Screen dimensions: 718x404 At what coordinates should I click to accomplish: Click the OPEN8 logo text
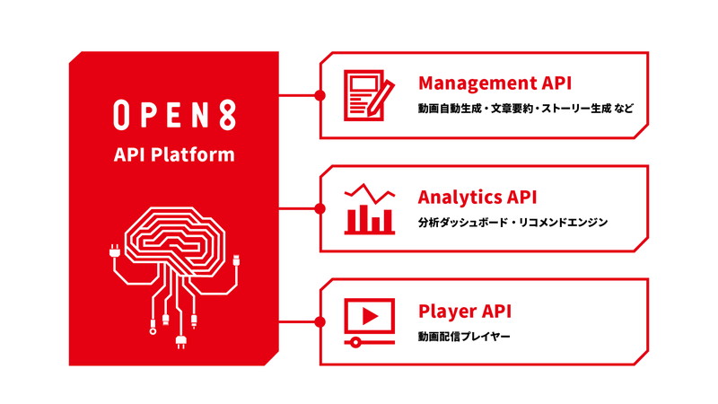(174, 115)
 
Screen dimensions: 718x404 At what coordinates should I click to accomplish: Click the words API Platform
(174, 154)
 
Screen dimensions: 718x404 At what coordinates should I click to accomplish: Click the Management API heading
(495, 83)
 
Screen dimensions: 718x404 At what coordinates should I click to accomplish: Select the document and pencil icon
(369, 95)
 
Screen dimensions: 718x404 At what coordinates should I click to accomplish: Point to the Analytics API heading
(477, 197)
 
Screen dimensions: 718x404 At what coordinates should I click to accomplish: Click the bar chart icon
(369, 209)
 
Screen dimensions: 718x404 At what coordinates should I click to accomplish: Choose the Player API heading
(465, 311)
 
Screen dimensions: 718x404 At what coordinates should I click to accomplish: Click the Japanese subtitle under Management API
(526, 109)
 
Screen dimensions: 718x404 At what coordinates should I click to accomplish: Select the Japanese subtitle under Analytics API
(512, 223)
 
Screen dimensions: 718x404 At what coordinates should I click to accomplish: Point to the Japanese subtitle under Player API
(464, 337)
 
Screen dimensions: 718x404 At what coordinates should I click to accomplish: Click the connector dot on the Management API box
(320, 95)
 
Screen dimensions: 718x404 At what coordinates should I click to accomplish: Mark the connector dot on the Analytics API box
(320, 209)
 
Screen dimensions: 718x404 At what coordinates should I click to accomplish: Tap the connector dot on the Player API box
(320, 322)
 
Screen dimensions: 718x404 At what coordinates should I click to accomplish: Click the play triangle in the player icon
(370, 316)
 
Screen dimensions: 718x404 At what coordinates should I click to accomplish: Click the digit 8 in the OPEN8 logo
(227, 115)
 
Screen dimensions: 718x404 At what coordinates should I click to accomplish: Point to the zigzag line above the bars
(369, 194)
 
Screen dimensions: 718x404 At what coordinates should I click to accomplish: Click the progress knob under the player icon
(355, 342)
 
